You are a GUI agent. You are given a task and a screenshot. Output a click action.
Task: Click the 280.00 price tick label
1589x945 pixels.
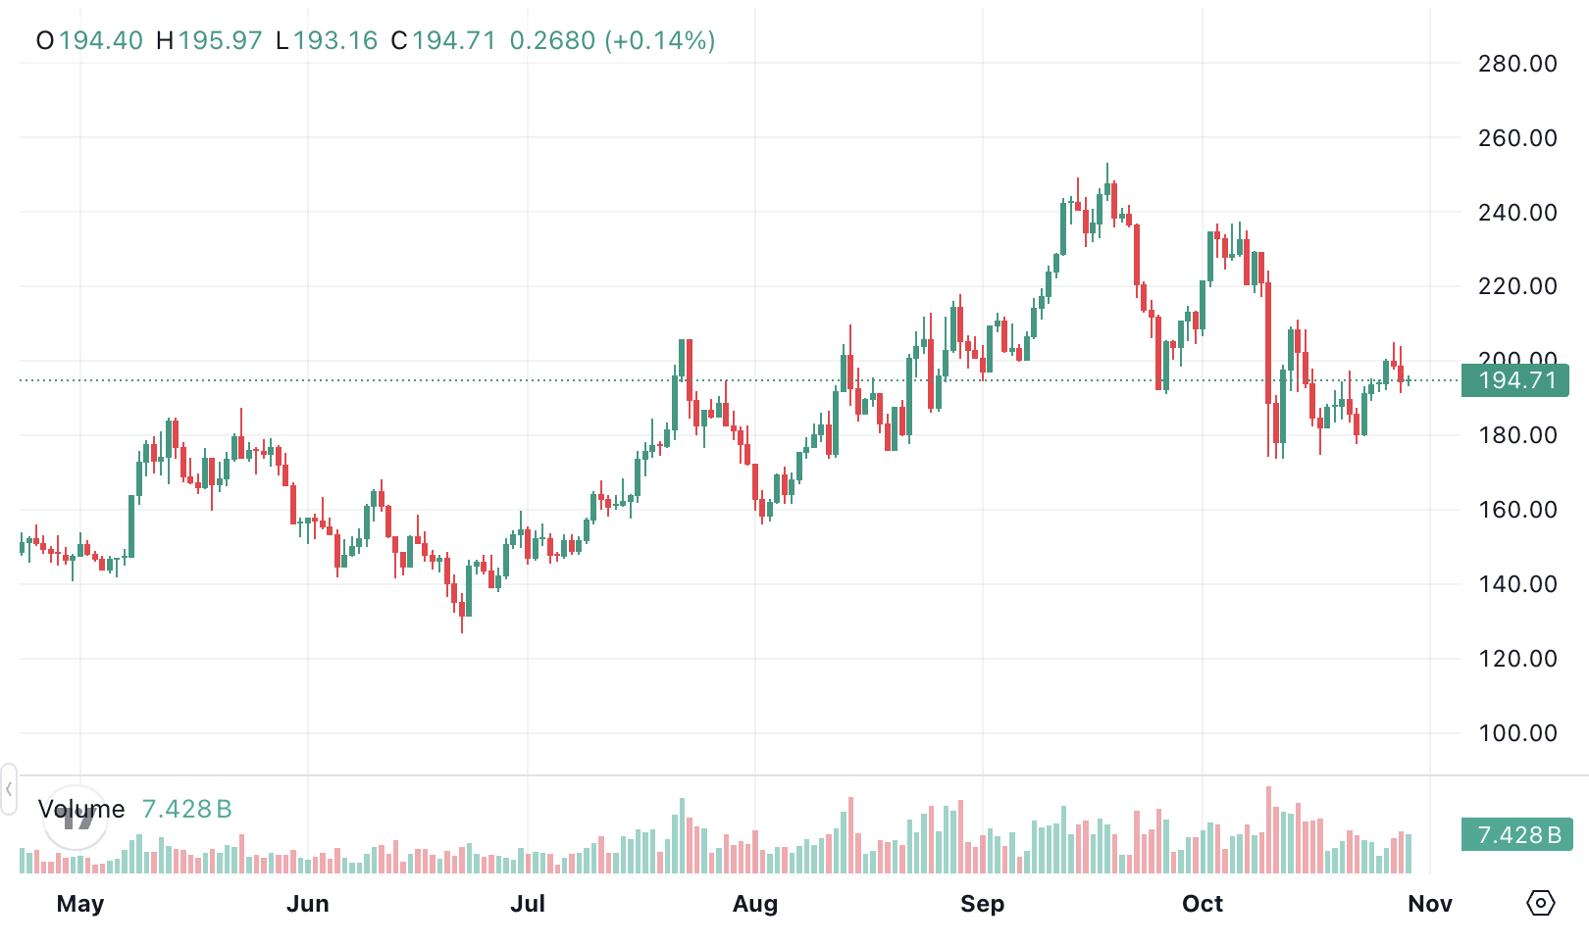point(1516,64)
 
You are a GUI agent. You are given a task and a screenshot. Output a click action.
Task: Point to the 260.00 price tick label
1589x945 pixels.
point(1516,138)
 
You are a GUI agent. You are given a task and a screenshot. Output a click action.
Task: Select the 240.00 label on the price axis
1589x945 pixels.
point(1516,213)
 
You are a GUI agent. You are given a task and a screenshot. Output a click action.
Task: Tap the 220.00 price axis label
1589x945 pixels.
point(1516,286)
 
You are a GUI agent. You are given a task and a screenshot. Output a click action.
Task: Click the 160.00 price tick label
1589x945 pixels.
point(1516,510)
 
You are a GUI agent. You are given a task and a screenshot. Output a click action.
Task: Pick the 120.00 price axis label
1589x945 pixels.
point(1516,659)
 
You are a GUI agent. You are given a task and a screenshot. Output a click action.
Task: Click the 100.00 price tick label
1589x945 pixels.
point(1516,733)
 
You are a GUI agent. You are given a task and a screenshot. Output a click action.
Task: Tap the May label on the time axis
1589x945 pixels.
point(80,904)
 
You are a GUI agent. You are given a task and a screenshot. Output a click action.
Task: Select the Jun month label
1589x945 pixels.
point(308,904)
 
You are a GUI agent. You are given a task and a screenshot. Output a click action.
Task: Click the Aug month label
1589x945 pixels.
point(755,904)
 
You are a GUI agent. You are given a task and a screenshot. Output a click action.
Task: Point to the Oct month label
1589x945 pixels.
point(1203,904)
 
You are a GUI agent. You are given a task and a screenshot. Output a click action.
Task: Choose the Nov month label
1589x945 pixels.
point(1430,904)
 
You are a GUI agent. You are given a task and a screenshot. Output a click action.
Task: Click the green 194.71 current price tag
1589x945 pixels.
point(1515,380)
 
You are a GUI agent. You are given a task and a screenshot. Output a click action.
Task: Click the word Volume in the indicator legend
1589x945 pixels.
point(81,810)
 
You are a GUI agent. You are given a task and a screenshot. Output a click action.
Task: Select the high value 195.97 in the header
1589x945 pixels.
point(220,41)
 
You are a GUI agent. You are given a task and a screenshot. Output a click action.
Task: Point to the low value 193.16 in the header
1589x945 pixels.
point(334,41)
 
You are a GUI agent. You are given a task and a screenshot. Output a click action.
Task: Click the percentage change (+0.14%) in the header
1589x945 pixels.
point(660,41)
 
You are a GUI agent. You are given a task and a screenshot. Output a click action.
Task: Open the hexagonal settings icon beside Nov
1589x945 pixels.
point(1541,903)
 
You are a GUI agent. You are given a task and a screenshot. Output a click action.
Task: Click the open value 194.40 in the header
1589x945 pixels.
point(100,41)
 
